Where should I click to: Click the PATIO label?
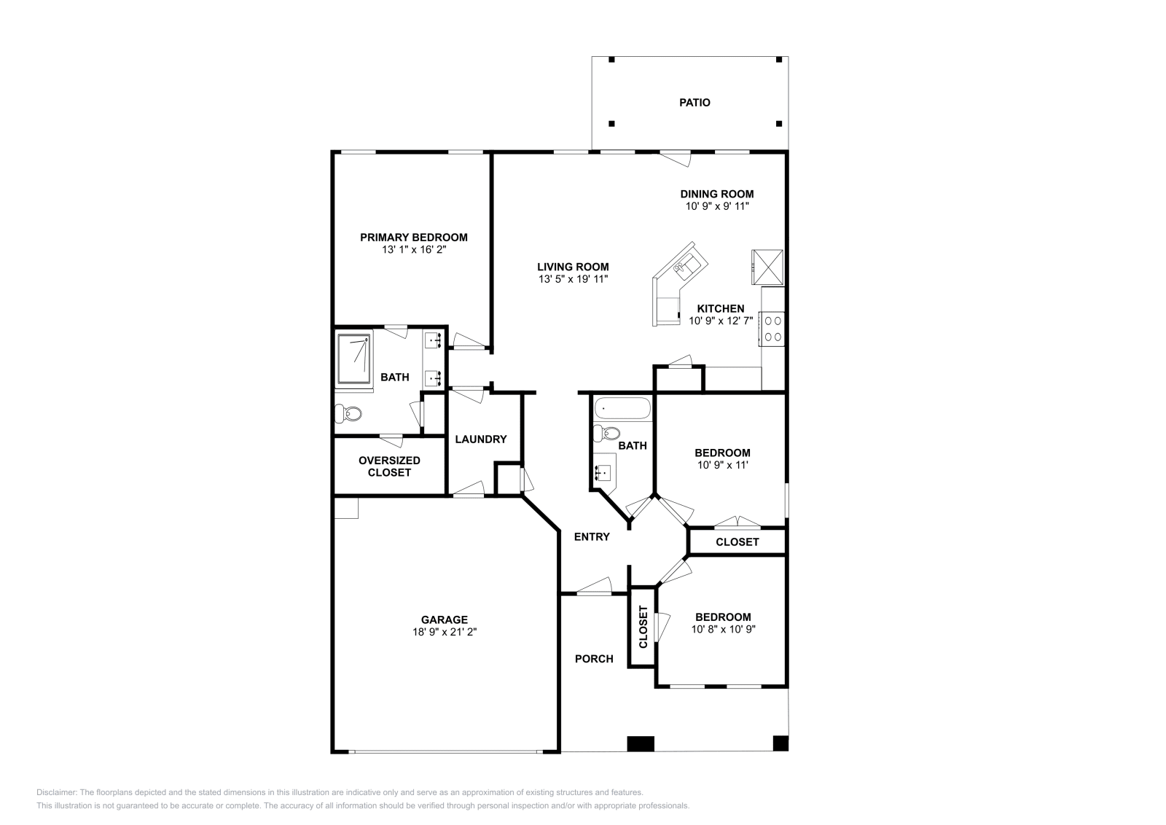coord(694,103)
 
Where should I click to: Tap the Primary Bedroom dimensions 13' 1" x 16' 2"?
coord(414,250)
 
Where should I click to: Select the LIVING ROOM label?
coord(573,267)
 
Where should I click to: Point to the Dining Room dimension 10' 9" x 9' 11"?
coord(717,206)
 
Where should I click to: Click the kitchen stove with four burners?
coord(772,329)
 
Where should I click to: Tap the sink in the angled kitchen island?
coord(687,265)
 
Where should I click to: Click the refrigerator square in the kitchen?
coord(767,267)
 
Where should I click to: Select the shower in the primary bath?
coord(354,359)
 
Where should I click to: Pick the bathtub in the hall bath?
coord(622,409)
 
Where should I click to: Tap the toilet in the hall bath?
coord(607,433)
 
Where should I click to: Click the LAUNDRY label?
coord(480,439)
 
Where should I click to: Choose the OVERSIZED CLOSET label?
coord(389,466)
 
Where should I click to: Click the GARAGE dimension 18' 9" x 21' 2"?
coord(445,633)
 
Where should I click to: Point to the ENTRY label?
coord(592,536)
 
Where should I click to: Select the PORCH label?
coord(594,659)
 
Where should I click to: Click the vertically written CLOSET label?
coord(643,627)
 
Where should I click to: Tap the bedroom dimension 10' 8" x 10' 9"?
coord(724,629)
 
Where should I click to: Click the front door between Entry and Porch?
coord(594,587)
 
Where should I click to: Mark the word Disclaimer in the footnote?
coord(57,793)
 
